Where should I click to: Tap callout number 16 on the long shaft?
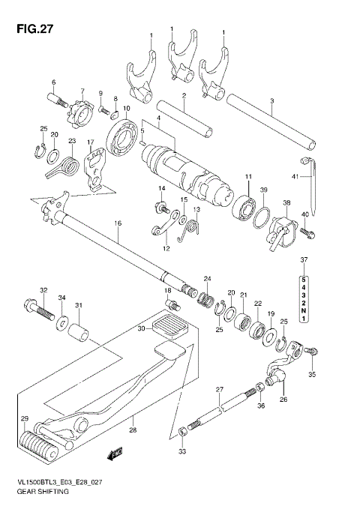118,223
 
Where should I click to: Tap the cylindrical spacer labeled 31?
79,331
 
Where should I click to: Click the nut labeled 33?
183,431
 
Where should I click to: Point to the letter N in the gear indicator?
304,310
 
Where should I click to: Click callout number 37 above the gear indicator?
304,260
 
